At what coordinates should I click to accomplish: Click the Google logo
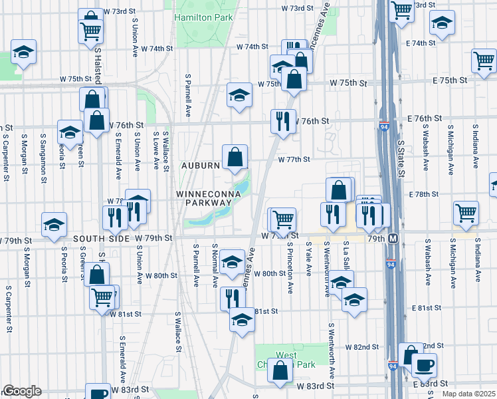coord(21,391)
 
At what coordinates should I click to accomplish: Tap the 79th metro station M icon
coord(393,238)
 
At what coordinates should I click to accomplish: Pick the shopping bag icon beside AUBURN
coord(235,158)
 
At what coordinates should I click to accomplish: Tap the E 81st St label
coord(427,309)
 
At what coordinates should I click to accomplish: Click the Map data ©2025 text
coord(468,393)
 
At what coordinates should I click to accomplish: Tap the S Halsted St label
coord(99,64)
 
